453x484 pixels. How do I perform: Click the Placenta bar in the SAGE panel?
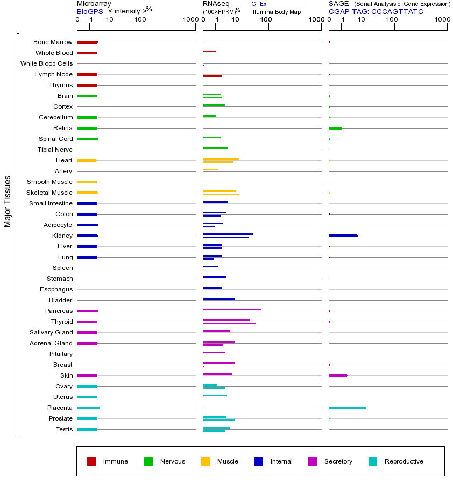[347, 408]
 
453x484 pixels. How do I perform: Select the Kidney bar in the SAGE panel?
[343, 236]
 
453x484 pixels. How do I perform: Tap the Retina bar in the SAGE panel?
[335, 128]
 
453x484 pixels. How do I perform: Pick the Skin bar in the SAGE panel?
[338, 375]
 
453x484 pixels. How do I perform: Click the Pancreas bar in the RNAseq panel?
[232, 309]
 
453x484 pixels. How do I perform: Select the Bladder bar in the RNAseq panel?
[218, 298]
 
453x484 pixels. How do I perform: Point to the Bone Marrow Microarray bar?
[87, 42]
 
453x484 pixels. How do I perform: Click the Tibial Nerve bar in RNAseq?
[215, 148]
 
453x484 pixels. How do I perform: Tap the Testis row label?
[64, 429]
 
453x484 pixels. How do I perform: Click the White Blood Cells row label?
[46, 63]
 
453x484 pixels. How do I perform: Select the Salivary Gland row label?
[51, 332]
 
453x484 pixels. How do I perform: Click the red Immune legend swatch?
[91, 461]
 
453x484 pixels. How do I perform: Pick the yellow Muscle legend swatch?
[206, 461]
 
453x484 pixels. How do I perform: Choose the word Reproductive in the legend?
[404, 461]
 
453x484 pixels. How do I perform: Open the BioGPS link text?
[89, 11]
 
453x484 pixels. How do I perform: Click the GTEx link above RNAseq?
[259, 4]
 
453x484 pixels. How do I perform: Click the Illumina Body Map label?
[276, 11]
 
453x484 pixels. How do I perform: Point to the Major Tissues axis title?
[8, 201]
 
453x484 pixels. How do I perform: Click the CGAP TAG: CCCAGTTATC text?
[376, 11]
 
